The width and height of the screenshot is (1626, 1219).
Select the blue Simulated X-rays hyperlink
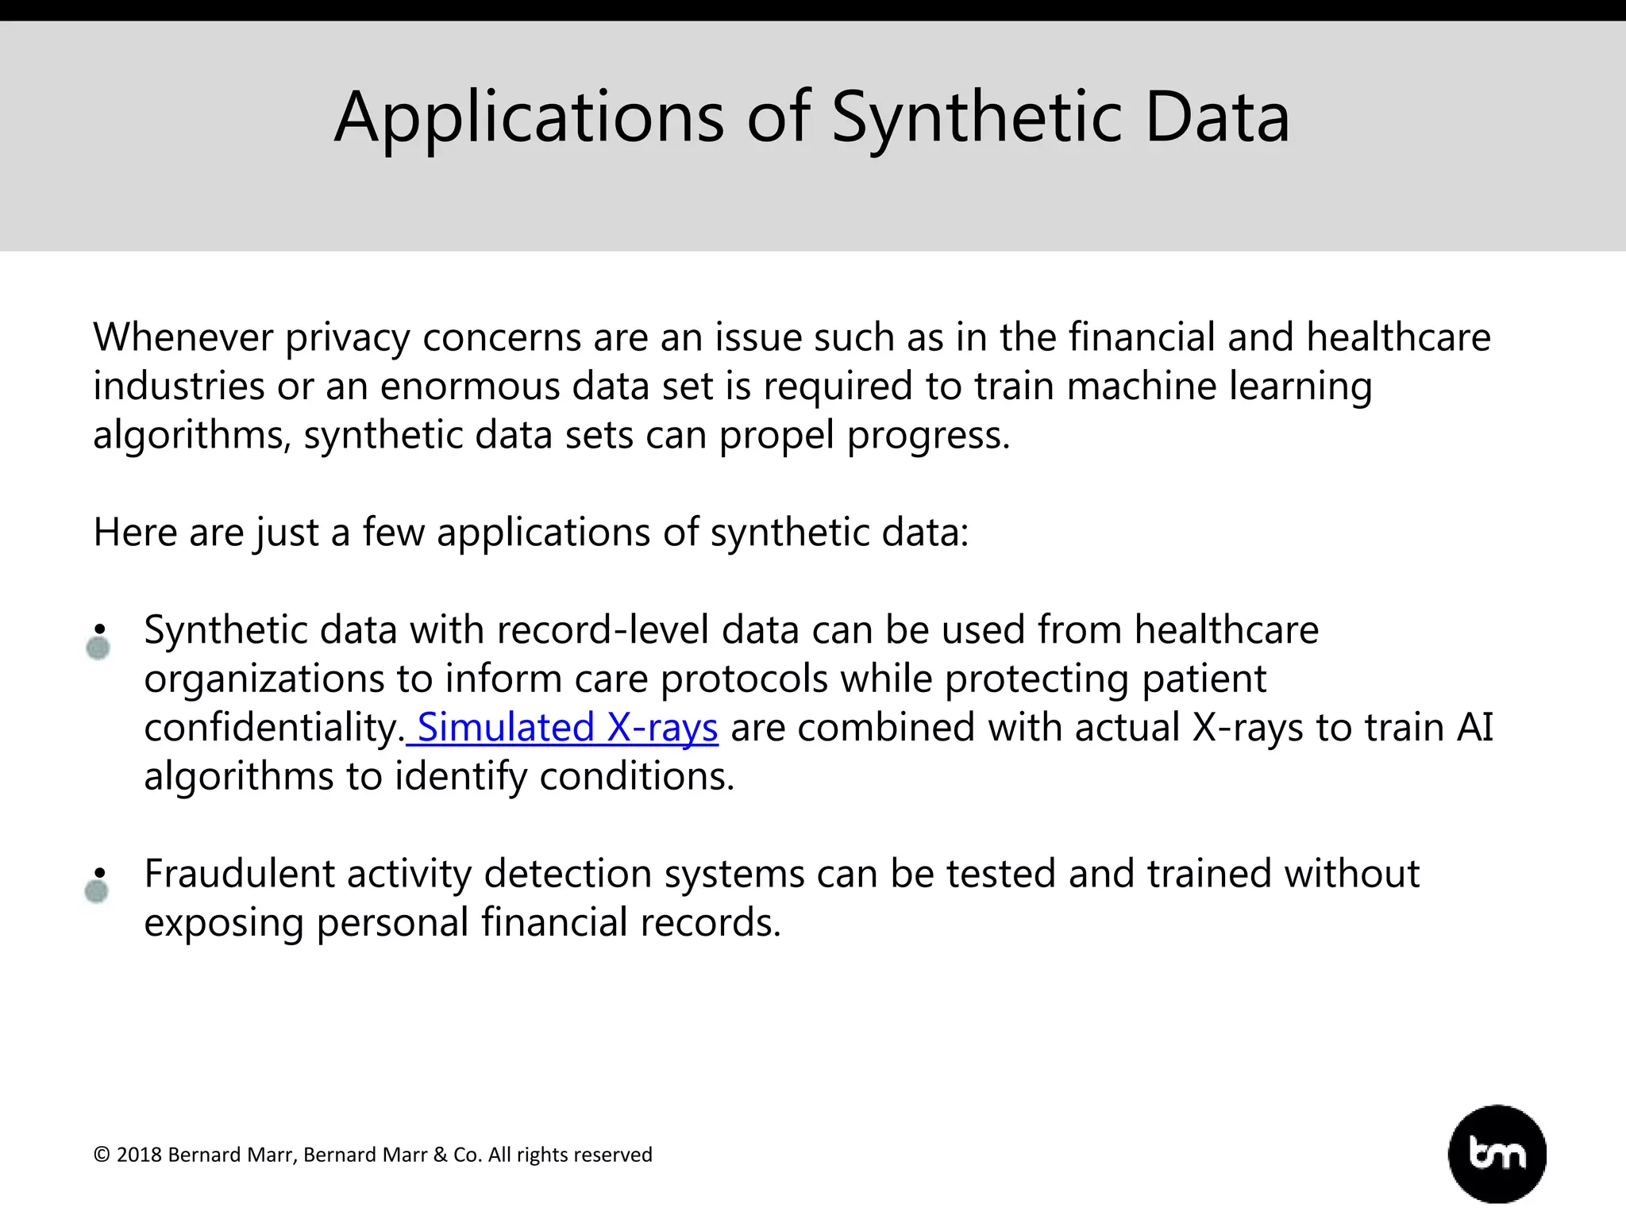[567, 727]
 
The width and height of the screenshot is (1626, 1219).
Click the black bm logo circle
[1497, 1154]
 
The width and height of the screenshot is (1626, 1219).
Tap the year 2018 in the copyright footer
[139, 1155]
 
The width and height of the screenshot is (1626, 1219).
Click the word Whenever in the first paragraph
[183, 337]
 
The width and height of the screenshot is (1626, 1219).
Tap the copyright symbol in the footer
[102, 1155]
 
